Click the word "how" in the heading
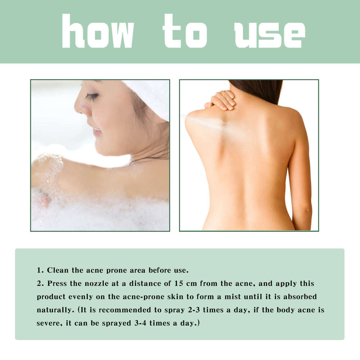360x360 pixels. [98, 31]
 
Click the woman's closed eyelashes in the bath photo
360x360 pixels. [92, 97]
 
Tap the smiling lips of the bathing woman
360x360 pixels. [96, 130]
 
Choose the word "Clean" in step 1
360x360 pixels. [58, 270]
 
